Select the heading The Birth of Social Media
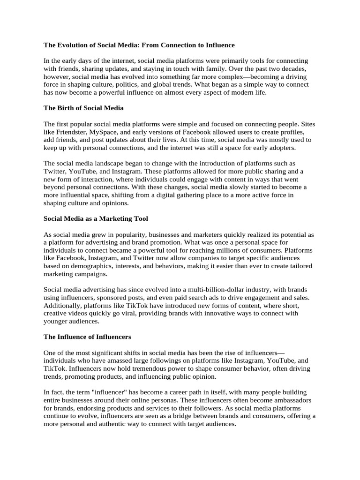point(83,108)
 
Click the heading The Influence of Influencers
point(87,337)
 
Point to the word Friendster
point(73,132)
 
